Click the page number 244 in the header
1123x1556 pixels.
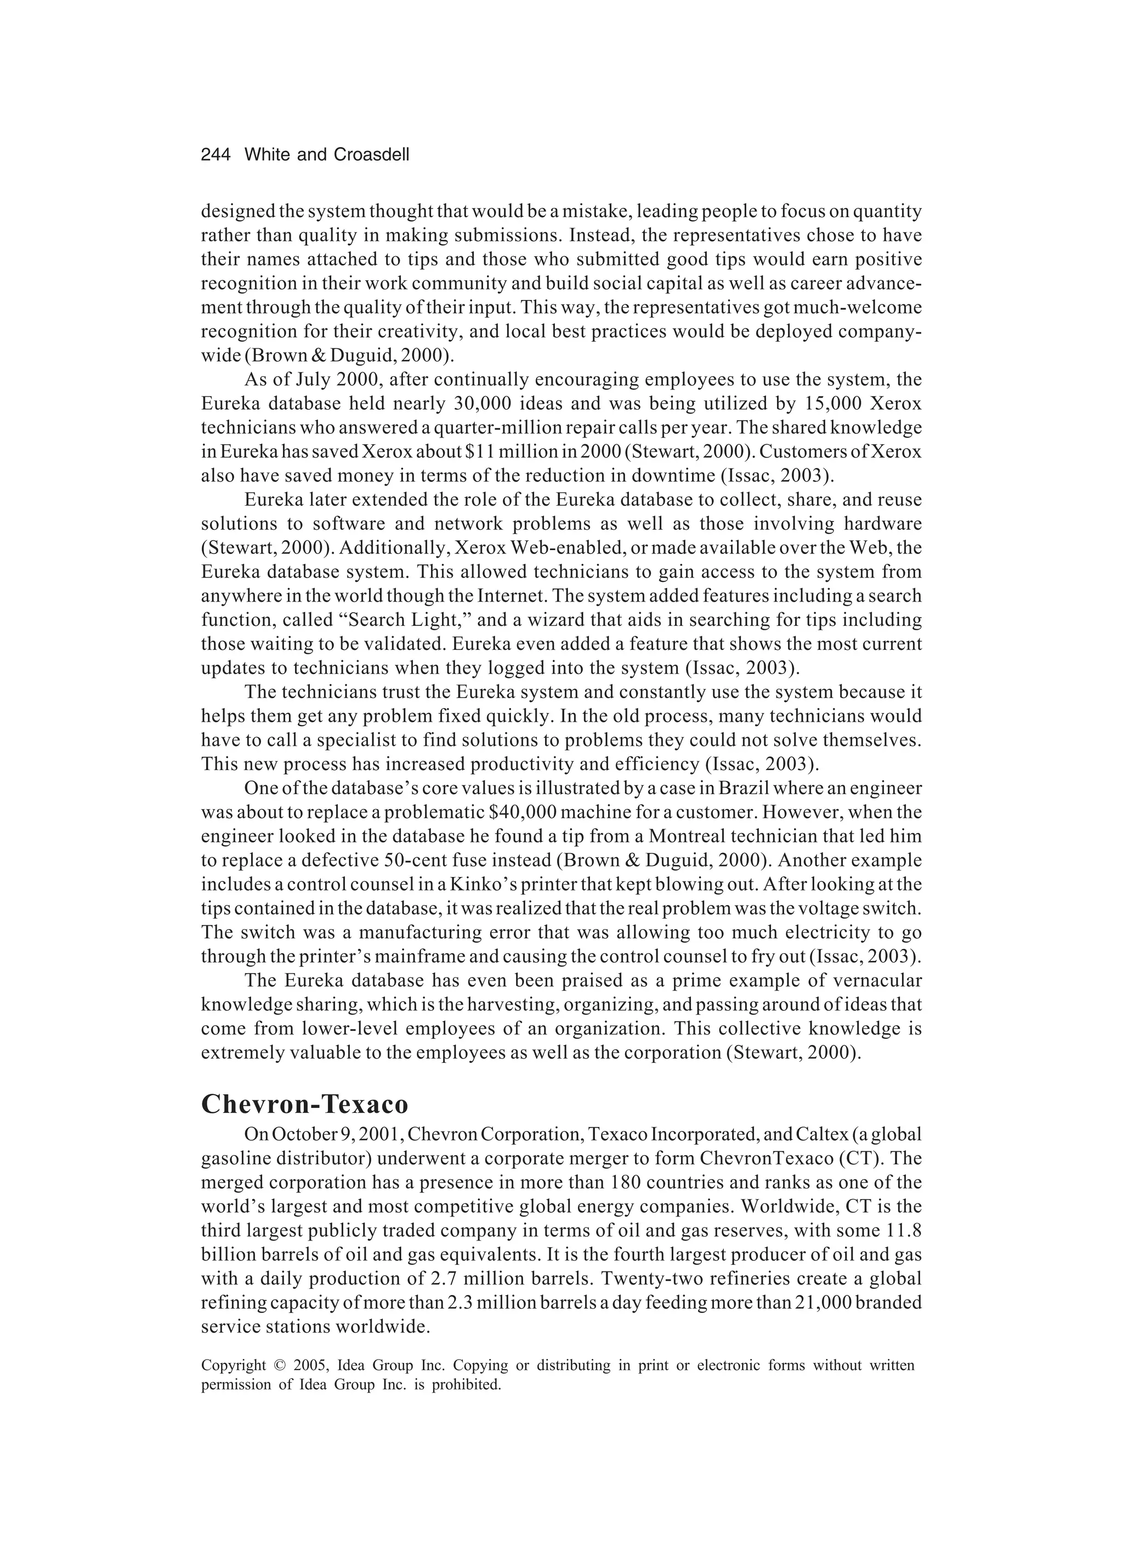pos(215,155)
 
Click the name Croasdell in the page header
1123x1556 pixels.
pos(371,155)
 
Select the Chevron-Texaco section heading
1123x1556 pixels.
pos(304,1105)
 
